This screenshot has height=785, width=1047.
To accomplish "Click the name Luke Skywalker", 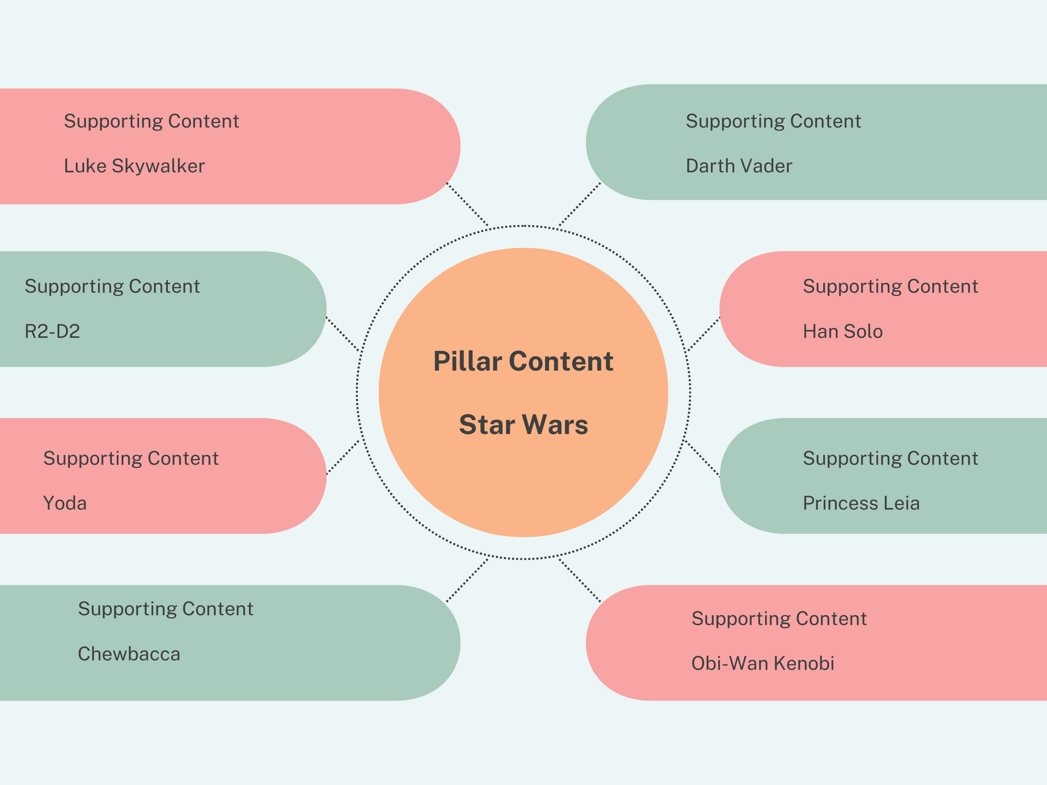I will (134, 166).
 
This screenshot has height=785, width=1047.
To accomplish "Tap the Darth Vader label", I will (738, 166).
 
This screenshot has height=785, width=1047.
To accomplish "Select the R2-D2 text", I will (52, 331).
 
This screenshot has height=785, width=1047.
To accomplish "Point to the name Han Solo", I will (843, 331).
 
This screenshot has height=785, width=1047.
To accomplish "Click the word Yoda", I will (65, 503).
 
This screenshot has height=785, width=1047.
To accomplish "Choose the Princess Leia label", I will (861, 503).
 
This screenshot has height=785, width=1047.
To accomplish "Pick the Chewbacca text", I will (129, 654).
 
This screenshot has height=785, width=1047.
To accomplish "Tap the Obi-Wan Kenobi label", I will (762, 663).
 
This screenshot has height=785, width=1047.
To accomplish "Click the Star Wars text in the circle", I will (523, 425).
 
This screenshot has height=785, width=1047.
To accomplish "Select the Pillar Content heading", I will (523, 361).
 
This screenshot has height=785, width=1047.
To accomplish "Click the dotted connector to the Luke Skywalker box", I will (467, 204).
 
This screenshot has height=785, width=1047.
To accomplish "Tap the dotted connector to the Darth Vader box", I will (580, 204).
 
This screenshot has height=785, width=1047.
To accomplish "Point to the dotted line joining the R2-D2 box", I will (342, 334).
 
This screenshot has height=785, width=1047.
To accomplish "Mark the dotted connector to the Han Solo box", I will (703, 334).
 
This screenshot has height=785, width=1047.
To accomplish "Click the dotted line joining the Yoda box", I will (342, 457).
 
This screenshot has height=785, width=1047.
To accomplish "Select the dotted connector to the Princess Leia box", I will (702, 458).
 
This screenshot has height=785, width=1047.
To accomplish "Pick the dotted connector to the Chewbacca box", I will (467, 580).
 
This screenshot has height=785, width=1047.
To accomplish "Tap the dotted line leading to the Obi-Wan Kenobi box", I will (579, 580).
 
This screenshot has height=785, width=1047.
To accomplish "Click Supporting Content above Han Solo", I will (890, 286).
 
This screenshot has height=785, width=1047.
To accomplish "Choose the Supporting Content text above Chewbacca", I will (165, 608).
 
